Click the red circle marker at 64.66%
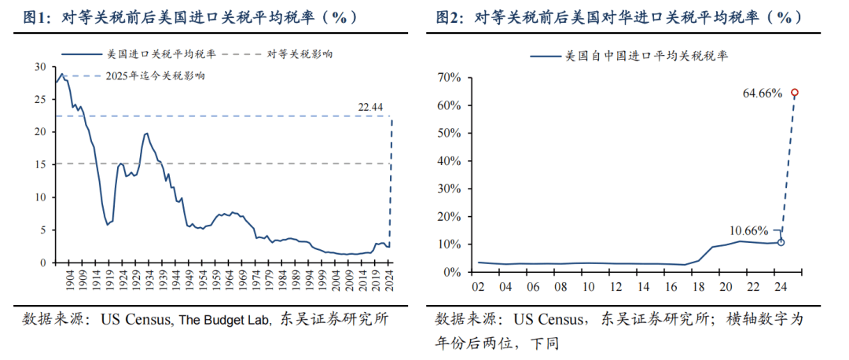pyautogui.click(x=795, y=93)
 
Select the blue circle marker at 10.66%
pyautogui.click(x=781, y=242)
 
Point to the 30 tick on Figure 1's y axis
pyautogui.click(x=41, y=68)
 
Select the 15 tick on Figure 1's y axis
pyautogui.click(x=41, y=164)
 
